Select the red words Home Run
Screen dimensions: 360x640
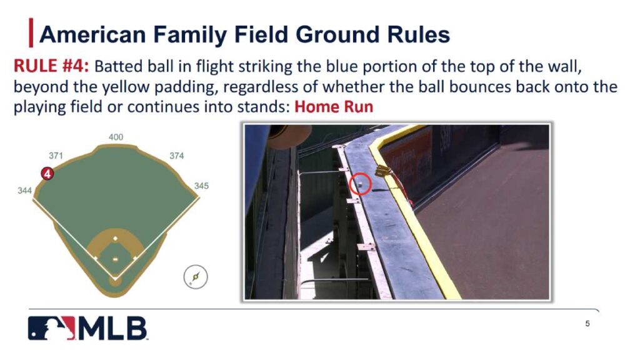[x=334, y=106]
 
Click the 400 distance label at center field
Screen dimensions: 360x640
[x=116, y=137]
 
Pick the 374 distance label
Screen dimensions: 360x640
[x=177, y=156]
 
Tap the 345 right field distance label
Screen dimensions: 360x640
[x=201, y=186]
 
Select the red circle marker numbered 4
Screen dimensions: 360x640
[x=47, y=174]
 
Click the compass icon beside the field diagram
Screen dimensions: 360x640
[x=196, y=276]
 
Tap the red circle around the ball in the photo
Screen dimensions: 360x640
[x=361, y=184]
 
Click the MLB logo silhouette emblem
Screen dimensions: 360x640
[x=51, y=328]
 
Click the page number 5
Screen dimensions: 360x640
[x=587, y=324]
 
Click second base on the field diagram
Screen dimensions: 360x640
[x=115, y=238]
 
